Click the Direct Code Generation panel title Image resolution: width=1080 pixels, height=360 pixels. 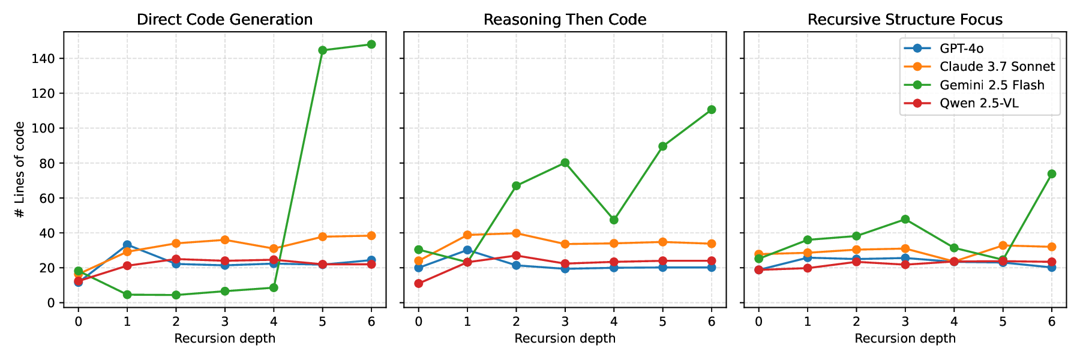click(224, 20)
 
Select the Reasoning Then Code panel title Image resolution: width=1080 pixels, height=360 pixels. click(565, 20)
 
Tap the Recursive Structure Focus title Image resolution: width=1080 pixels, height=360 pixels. click(905, 20)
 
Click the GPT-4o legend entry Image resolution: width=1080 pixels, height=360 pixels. click(961, 49)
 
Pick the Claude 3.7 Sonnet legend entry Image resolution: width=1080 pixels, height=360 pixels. click(996, 67)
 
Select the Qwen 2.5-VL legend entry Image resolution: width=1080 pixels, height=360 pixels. click(979, 104)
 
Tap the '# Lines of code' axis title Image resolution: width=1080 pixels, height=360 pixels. click(20, 170)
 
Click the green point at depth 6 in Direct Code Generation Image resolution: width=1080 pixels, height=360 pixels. click(371, 44)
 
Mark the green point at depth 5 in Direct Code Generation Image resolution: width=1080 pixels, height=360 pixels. click(322, 50)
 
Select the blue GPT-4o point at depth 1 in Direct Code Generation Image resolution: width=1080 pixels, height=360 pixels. click(127, 245)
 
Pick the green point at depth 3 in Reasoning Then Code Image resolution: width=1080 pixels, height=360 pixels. click(565, 163)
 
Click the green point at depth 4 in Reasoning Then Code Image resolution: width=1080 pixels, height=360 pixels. click(614, 220)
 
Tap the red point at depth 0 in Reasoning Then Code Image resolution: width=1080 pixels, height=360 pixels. click(419, 284)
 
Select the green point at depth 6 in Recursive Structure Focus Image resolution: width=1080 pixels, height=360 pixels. click(1052, 174)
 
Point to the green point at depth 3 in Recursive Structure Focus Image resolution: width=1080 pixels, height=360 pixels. click(905, 220)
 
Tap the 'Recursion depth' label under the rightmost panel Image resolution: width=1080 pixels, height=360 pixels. click(905, 338)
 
